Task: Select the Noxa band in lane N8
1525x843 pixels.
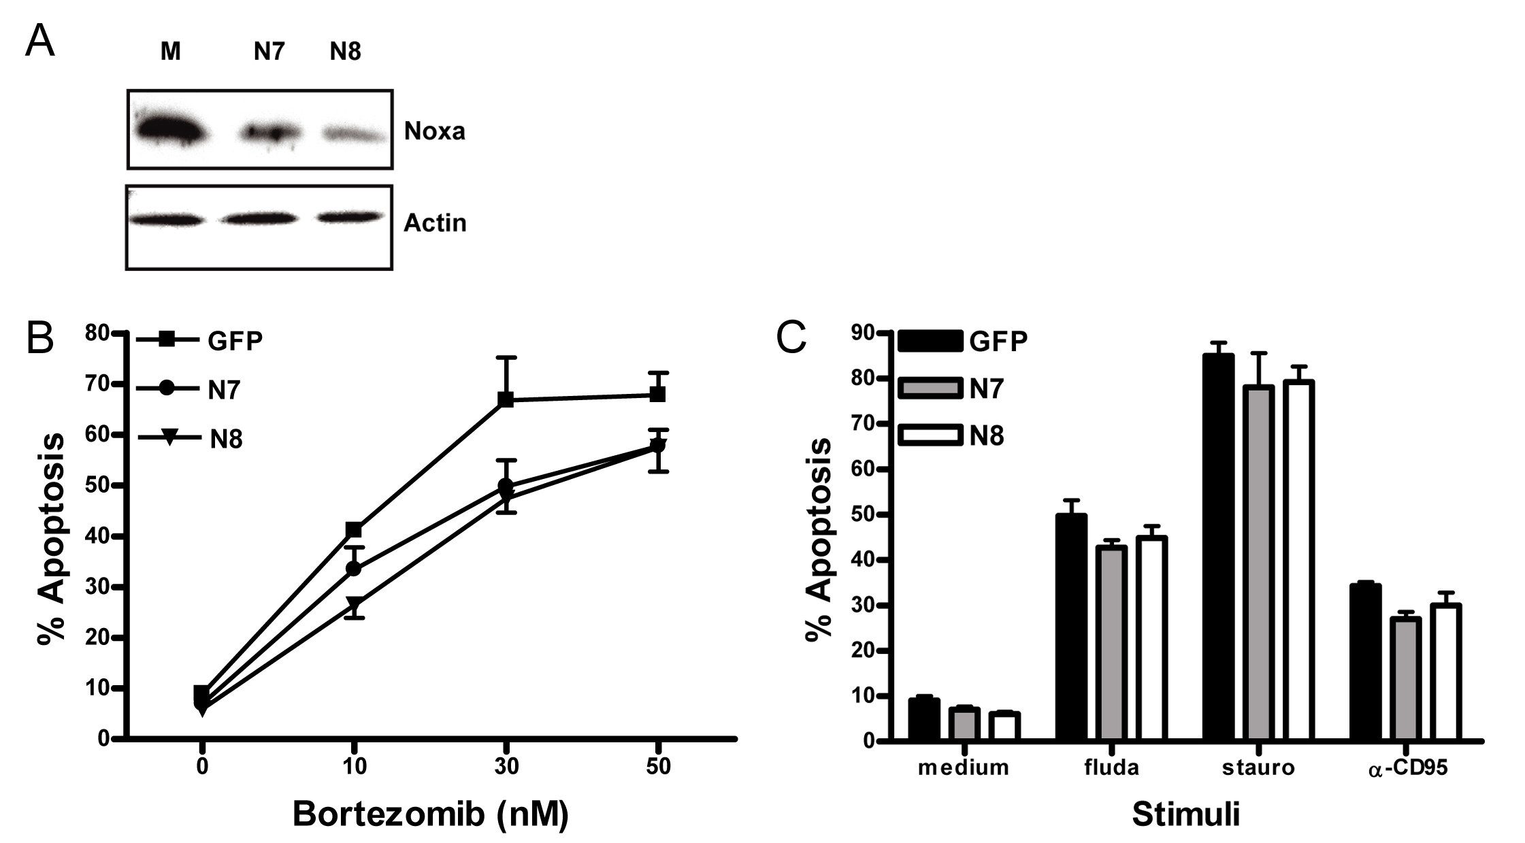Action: pyautogui.click(x=349, y=134)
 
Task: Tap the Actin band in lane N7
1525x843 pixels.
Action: pyautogui.click(x=259, y=218)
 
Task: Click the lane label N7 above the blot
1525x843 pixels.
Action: pyautogui.click(x=269, y=52)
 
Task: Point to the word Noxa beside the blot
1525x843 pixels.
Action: pyautogui.click(x=434, y=131)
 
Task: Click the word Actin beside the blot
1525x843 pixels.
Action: pyautogui.click(x=435, y=222)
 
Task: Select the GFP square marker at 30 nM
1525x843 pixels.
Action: pyautogui.click(x=506, y=399)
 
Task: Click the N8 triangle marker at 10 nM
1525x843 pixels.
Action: pyautogui.click(x=354, y=604)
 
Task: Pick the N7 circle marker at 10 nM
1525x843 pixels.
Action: pyautogui.click(x=354, y=568)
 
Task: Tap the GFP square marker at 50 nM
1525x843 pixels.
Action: pyautogui.click(x=657, y=394)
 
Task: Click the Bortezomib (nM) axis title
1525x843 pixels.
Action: pyautogui.click(x=430, y=814)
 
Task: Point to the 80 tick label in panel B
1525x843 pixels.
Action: pyautogui.click(x=97, y=333)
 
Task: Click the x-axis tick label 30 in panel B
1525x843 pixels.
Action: pyautogui.click(x=506, y=767)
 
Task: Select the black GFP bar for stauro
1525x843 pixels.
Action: pyautogui.click(x=1217, y=544)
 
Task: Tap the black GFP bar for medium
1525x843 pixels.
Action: pyautogui.click(x=923, y=718)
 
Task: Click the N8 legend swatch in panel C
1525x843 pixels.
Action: pyautogui.click(x=930, y=435)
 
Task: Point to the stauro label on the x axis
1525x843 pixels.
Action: pyautogui.click(x=1258, y=767)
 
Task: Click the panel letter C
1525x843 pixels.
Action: pyautogui.click(x=791, y=337)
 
